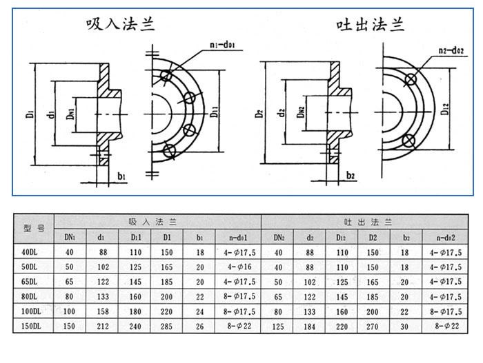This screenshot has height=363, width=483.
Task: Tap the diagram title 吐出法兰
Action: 369,25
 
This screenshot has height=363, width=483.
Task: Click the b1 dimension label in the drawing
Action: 122,176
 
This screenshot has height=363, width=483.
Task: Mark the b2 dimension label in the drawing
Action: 351,176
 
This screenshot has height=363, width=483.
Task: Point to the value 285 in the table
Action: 167,326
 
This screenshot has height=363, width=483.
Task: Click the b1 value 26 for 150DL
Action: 199,326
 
